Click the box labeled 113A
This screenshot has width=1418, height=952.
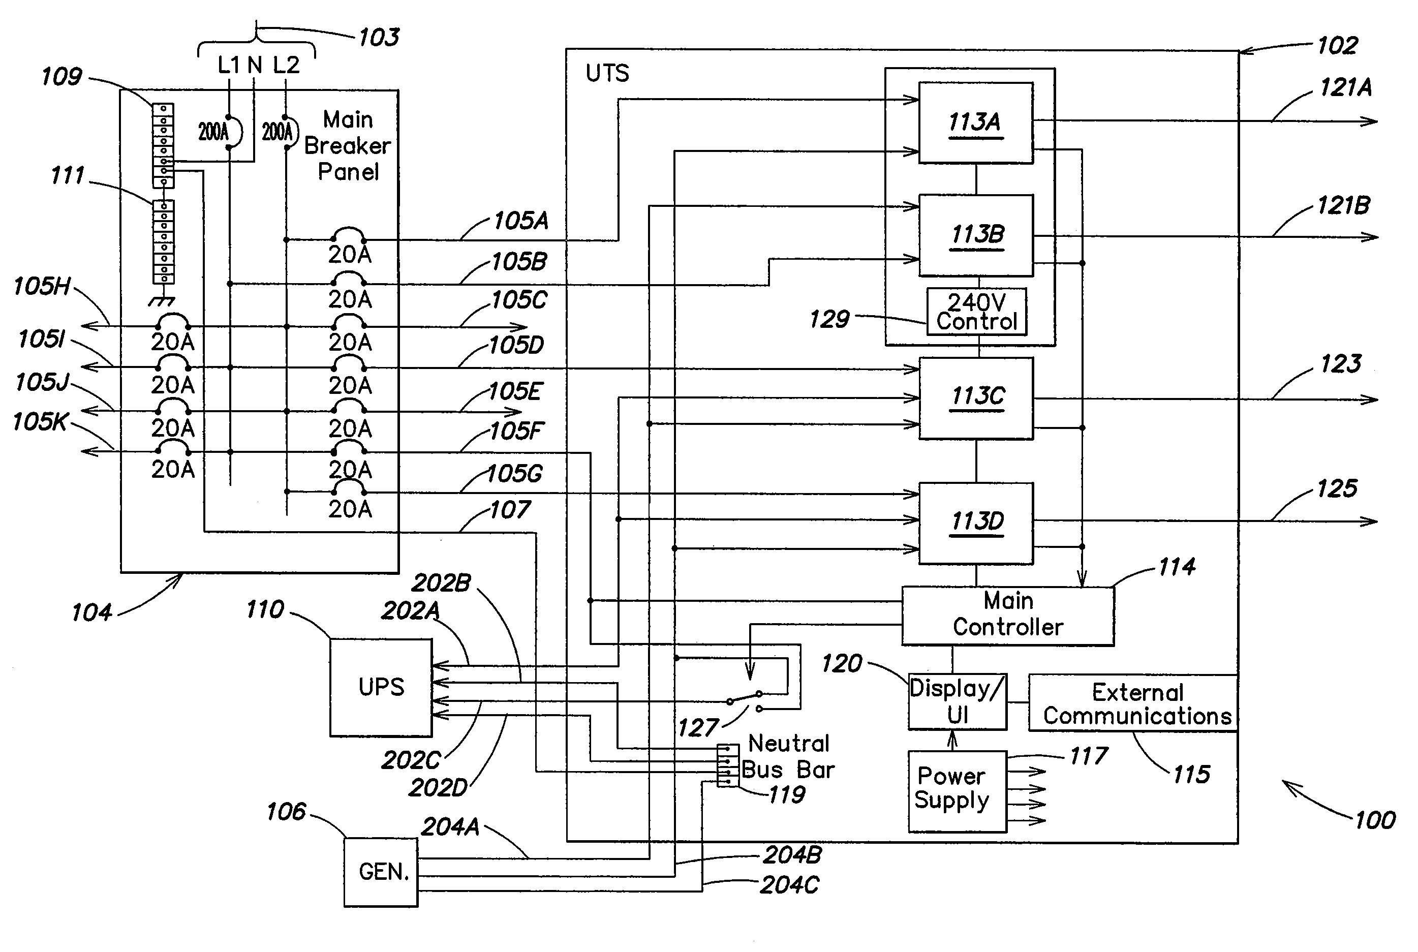point(975,122)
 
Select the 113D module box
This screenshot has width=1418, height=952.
point(975,523)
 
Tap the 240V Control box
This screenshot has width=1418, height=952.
point(976,312)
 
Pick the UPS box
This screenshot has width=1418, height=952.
point(381,687)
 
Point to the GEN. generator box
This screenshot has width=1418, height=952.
point(381,872)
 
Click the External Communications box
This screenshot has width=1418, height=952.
point(1133,703)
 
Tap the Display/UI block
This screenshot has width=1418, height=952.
point(957,701)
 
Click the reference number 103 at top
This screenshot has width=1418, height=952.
point(379,38)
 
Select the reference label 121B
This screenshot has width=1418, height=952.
point(1343,206)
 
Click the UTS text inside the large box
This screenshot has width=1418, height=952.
point(607,74)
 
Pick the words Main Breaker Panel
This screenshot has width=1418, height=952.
point(347,146)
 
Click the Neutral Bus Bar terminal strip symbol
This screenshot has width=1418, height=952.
point(727,765)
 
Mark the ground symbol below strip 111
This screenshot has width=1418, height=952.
point(162,300)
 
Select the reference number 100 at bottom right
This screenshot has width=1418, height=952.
point(1375,820)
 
